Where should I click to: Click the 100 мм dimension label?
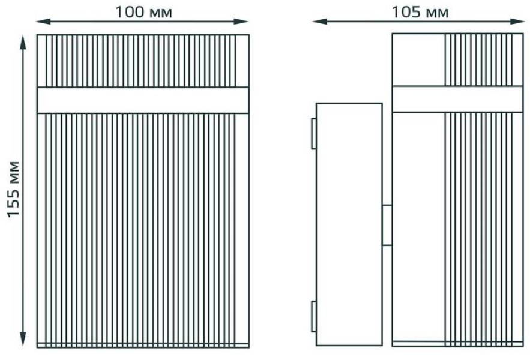pos(143,12)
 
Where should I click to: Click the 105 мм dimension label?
pos(420,12)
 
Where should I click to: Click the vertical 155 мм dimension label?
pos(14,189)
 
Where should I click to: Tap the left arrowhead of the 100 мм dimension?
pos(43,22)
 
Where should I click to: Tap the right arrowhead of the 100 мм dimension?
pos(241,22)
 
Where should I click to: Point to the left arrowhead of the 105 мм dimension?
pos(319,22)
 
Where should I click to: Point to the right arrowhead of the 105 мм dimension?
pos(517,22)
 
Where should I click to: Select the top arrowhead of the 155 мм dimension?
pos(23,42)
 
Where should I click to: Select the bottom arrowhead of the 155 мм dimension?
pos(23,339)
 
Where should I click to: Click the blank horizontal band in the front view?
pos(143,100)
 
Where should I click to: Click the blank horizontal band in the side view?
pos(457,99)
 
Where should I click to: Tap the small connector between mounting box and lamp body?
pos(387,225)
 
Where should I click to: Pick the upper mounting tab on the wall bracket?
pos(314,134)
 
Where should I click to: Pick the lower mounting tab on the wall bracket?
pos(314,317)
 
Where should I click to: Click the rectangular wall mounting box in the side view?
pos(349,224)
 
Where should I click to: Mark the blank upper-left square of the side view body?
pos(418,60)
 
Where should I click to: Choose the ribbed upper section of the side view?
pos(484,60)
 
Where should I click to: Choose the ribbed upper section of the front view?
pos(143,61)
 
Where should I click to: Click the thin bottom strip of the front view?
pos(143,345)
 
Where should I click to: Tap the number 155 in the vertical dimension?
pos(14,202)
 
